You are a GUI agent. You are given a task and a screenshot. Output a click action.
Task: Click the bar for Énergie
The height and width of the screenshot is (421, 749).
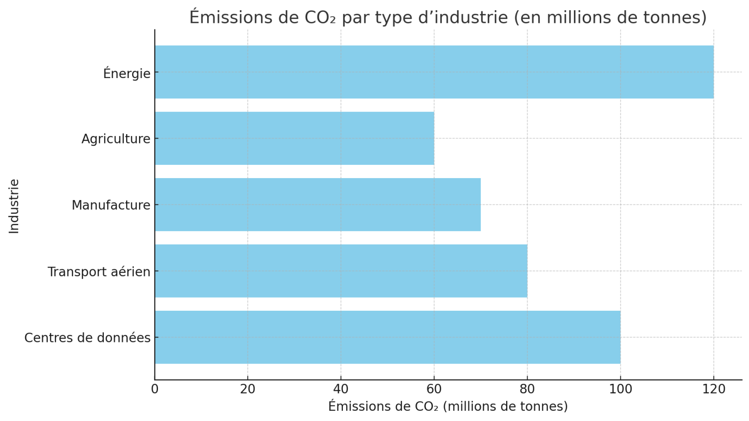[x=434, y=72]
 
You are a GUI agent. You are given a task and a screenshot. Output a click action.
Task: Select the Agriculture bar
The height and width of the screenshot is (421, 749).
[x=295, y=139]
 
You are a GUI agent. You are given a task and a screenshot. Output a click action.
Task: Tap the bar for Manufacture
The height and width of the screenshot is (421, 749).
[x=317, y=205]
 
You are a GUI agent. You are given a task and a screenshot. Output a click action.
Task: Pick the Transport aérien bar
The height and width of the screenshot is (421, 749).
[x=341, y=271]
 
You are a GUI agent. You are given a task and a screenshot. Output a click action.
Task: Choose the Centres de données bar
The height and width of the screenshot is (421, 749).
[x=388, y=338]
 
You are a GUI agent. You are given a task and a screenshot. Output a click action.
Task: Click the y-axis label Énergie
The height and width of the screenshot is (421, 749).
[x=127, y=73]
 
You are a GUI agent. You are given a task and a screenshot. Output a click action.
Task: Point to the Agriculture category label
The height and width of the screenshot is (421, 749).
[x=116, y=139]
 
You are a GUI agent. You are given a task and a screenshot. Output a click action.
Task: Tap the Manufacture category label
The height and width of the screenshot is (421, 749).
[x=111, y=205]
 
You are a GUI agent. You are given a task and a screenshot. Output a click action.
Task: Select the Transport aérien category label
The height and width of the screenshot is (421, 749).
[x=99, y=272]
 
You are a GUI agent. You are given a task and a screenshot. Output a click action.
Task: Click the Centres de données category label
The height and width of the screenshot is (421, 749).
[x=87, y=338]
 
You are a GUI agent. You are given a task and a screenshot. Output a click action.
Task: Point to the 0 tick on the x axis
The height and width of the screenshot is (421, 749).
[x=155, y=389]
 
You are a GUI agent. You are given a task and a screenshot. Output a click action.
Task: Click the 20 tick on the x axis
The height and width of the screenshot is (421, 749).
[x=248, y=389]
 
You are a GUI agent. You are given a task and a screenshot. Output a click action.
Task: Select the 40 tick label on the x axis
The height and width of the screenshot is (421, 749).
[x=341, y=389]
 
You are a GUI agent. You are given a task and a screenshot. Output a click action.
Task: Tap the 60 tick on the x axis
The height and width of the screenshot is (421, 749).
[x=434, y=389]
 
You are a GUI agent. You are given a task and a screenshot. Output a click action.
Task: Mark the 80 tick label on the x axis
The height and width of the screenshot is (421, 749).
[x=527, y=389]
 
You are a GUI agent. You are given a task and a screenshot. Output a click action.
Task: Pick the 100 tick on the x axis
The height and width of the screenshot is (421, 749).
[x=620, y=389]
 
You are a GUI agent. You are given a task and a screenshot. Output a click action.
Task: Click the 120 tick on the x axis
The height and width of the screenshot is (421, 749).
[x=713, y=389]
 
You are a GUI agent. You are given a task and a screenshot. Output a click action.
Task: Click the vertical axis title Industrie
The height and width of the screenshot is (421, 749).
[x=14, y=206]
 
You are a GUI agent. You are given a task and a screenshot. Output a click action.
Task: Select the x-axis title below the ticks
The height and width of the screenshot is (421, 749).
[x=448, y=406]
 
